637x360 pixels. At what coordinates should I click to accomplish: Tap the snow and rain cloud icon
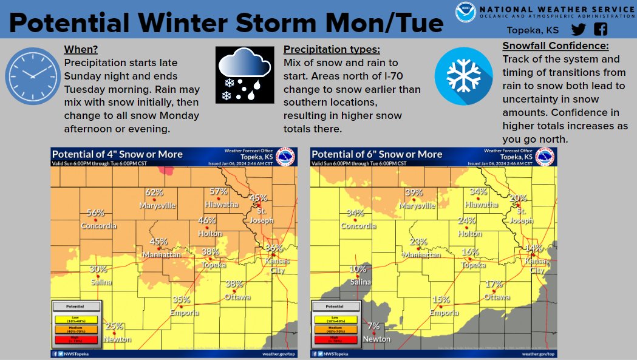[x=243, y=76]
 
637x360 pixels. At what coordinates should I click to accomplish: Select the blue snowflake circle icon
[x=464, y=75]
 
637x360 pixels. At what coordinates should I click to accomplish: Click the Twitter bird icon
[x=579, y=30]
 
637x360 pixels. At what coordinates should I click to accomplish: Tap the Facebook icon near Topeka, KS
[x=601, y=30]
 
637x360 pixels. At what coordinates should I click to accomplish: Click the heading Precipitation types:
[x=332, y=50]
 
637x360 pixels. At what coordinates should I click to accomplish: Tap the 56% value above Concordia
[x=96, y=213]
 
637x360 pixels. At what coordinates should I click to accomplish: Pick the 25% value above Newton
[x=113, y=327]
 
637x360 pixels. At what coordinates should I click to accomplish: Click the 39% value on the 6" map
[x=414, y=192]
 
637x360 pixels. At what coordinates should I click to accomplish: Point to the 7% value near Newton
[x=373, y=327]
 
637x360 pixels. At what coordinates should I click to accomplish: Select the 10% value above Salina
[x=358, y=270]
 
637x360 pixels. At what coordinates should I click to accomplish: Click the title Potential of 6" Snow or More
[x=376, y=154]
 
